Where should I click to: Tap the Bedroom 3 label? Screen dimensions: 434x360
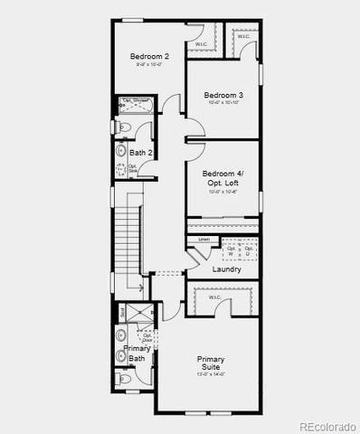(x=223, y=95)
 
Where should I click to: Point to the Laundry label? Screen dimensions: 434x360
(x=226, y=269)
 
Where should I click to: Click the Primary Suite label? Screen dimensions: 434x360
(x=211, y=363)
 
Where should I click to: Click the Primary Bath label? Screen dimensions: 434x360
(x=137, y=354)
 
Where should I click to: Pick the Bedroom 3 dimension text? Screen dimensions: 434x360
(x=223, y=104)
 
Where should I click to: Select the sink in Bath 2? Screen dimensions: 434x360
(x=121, y=152)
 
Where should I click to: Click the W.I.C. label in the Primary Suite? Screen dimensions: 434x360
(x=215, y=297)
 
